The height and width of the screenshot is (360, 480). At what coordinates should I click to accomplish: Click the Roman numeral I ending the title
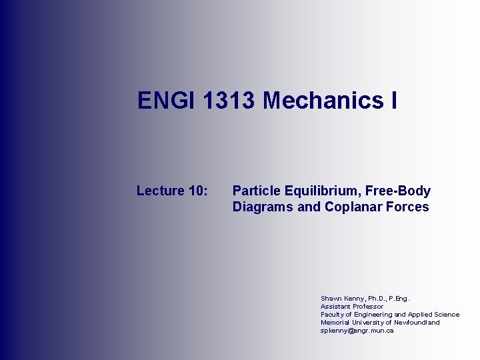pos(393,101)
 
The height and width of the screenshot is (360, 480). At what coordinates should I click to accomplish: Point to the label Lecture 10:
pos(172,191)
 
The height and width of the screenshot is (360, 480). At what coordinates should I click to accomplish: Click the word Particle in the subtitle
pos(254,191)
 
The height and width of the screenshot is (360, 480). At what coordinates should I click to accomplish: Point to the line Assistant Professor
pos(352,306)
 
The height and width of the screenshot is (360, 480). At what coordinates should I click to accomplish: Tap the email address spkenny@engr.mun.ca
pos(357,330)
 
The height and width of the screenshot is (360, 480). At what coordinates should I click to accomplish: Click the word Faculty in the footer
pos(331,314)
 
